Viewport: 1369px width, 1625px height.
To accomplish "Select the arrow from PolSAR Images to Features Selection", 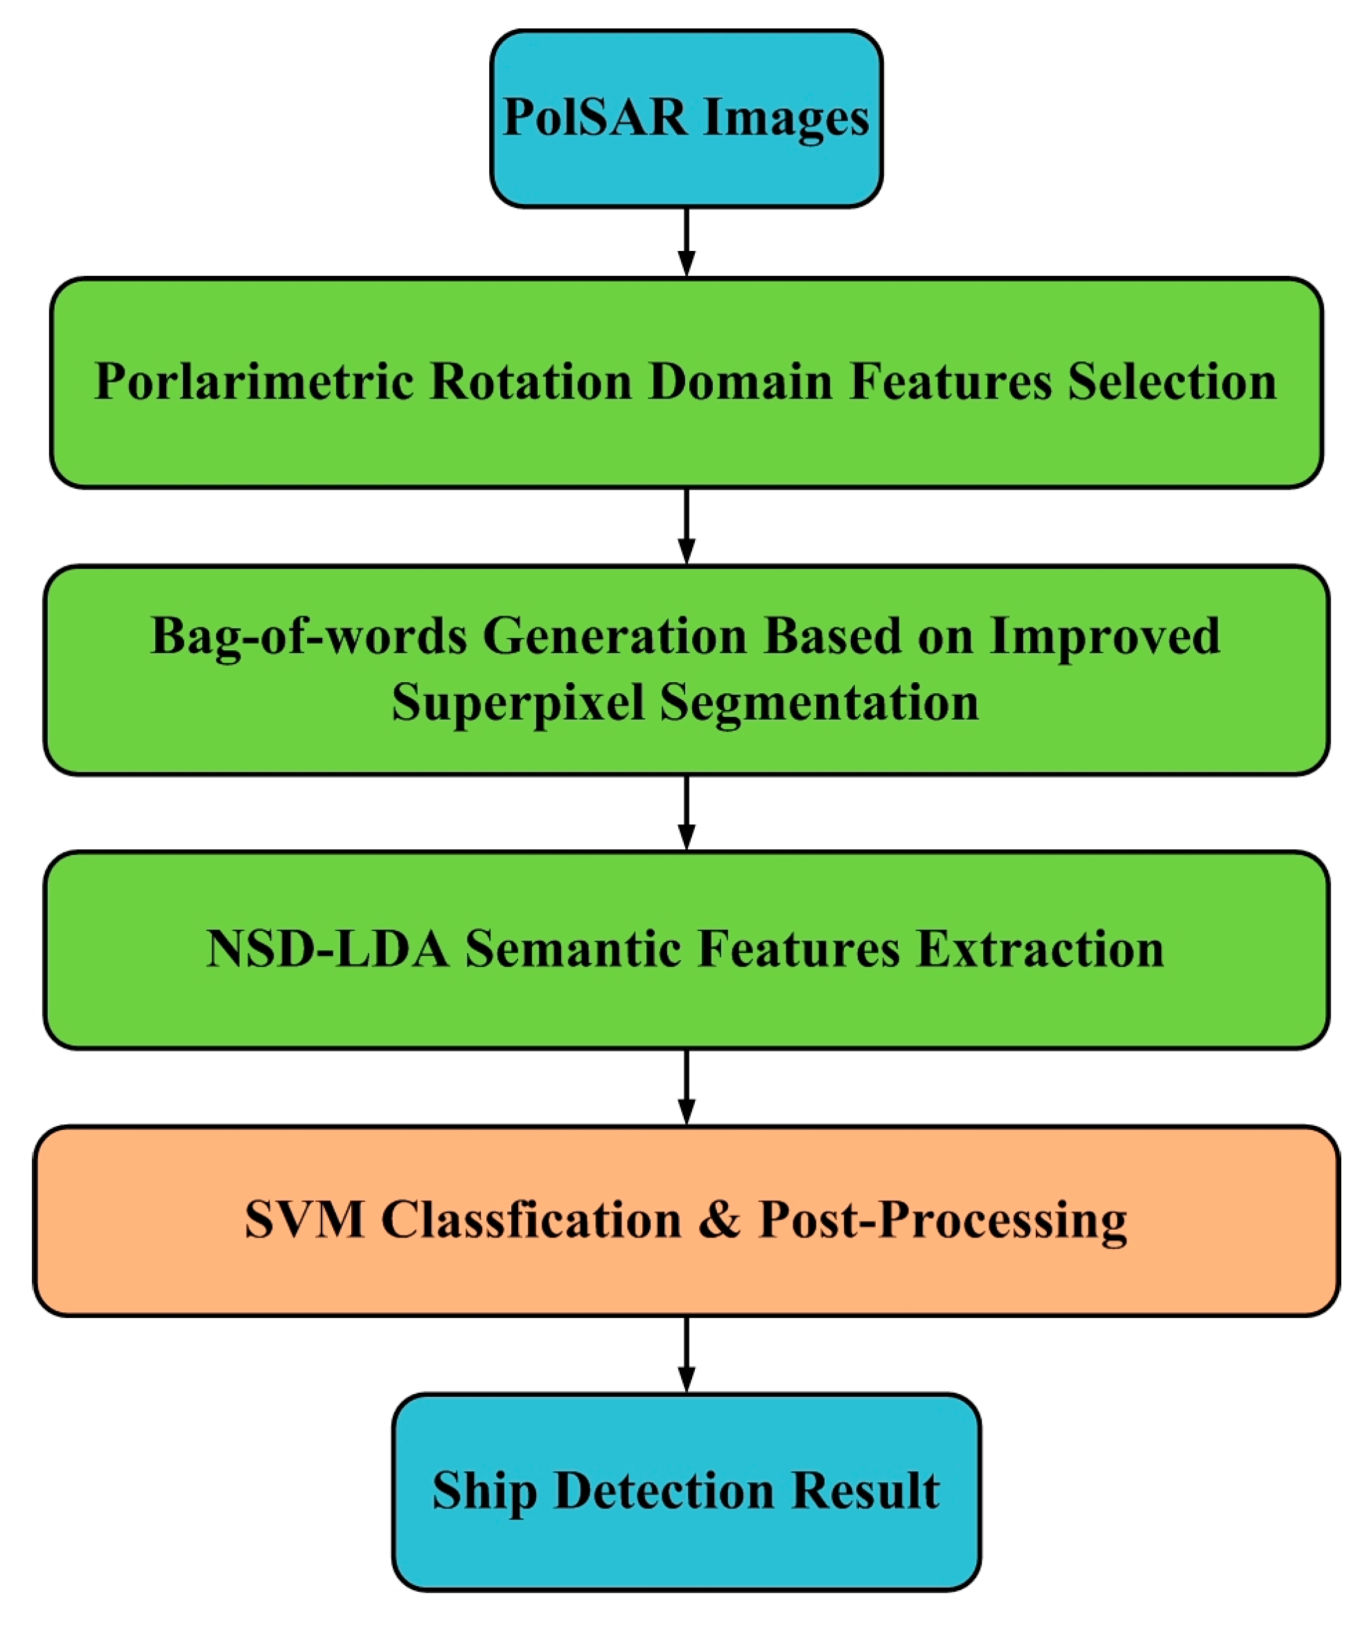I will coord(686,241).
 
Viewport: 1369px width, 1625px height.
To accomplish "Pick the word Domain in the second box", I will coord(741,381).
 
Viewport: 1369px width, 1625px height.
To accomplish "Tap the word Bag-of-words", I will coord(308,636).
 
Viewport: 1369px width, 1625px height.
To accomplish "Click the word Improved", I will coord(1105,636).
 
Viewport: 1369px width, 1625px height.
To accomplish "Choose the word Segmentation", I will coord(820,704).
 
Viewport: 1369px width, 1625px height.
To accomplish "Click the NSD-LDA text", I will coord(328,949).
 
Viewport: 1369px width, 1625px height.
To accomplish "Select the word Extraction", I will coord(1041,949).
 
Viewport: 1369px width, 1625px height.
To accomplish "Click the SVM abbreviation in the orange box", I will coord(304,1219).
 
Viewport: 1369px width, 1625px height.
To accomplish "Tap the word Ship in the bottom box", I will coord(484,1490).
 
